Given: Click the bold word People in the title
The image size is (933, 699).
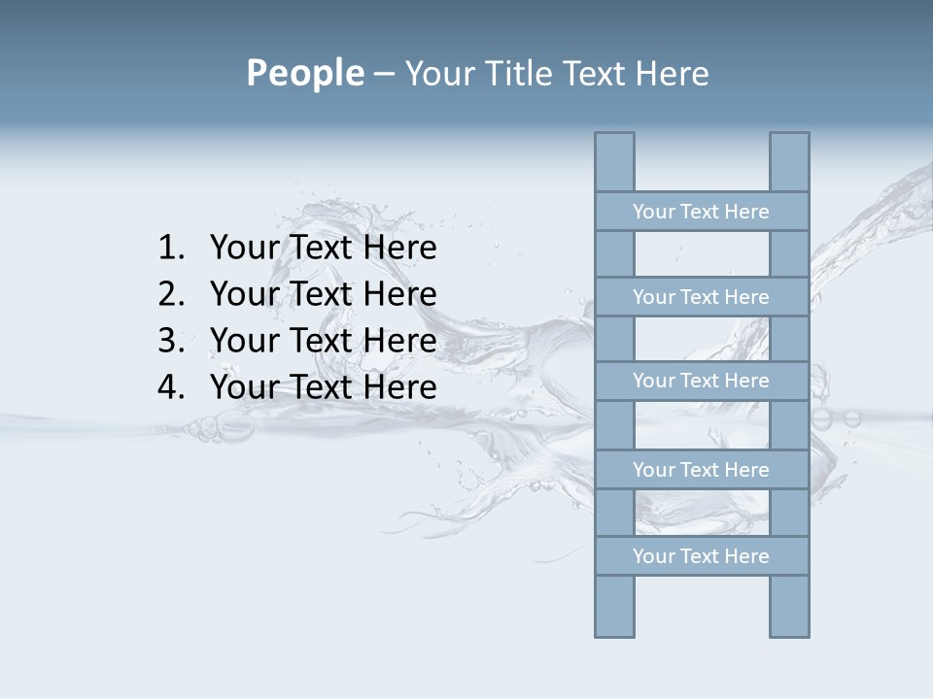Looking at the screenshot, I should tap(304, 73).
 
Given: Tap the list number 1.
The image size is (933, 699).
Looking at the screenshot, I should tap(170, 248).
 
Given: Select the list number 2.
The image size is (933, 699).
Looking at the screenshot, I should tap(170, 293).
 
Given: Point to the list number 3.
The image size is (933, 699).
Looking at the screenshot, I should tap(170, 340).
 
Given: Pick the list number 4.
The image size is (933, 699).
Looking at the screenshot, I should tap(170, 386).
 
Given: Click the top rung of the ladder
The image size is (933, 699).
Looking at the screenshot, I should tap(701, 212).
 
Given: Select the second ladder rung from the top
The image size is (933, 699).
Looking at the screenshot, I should tap(701, 297).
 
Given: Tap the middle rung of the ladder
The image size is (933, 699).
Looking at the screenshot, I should tap(701, 381).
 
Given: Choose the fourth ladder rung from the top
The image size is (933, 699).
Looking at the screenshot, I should tap(701, 470).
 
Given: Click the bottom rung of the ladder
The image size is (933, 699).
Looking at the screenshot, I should tap(701, 556).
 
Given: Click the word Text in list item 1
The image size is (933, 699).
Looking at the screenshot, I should tap(322, 248).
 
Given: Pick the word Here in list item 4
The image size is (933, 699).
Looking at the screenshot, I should tap(399, 386).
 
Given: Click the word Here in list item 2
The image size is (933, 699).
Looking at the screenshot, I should tap(399, 293).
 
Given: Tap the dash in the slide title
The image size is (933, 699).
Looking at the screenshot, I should tap(384, 74).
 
